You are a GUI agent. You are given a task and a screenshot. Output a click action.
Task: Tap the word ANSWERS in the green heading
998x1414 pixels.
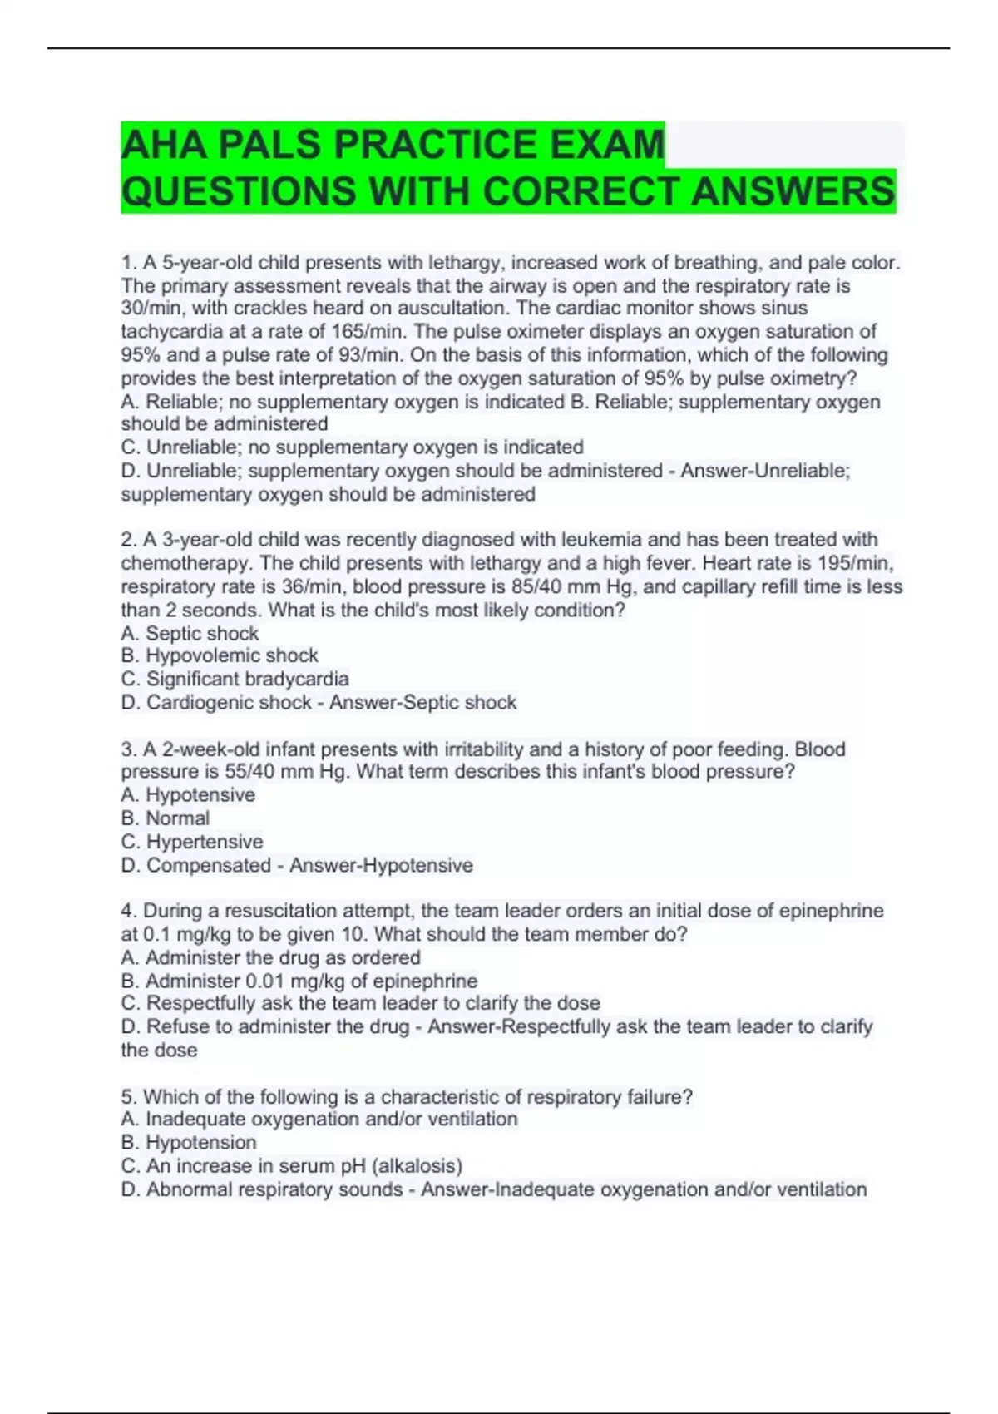tap(792, 191)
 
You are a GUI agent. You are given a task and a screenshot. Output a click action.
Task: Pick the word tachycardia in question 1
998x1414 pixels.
tap(166, 331)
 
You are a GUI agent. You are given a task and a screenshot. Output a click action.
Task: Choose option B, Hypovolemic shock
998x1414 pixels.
tap(220, 655)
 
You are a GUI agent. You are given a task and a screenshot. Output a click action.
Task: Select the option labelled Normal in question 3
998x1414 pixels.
tap(177, 818)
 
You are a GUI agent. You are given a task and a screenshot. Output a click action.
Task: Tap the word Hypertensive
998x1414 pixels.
tap(205, 842)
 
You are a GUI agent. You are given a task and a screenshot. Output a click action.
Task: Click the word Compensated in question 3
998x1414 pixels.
tap(209, 865)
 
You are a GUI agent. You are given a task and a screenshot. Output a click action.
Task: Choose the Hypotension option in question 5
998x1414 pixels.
tap(200, 1143)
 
